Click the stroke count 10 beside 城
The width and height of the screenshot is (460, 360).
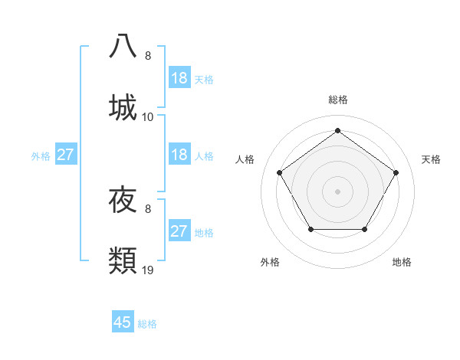pyautogui.click(x=148, y=117)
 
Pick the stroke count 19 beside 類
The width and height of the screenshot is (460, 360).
pyautogui.click(x=148, y=270)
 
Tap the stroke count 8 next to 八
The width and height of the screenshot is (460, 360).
pyautogui.click(x=148, y=56)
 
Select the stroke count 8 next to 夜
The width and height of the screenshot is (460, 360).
pyautogui.click(x=148, y=208)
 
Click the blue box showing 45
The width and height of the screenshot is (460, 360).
pyautogui.click(x=123, y=322)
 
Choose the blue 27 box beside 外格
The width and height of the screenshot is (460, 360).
pyautogui.click(x=65, y=155)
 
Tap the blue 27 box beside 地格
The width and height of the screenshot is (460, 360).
pyautogui.click(x=179, y=231)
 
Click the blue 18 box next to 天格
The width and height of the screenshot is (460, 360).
pyautogui.click(x=179, y=78)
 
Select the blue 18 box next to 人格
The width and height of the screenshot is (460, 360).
pyautogui.click(x=179, y=155)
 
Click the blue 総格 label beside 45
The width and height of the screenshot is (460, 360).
pyautogui.click(x=147, y=324)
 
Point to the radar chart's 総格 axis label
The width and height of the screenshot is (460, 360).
pyautogui.click(x=337, y=100)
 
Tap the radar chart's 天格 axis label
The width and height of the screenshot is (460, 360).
pyautogui.click(x=431, y=159)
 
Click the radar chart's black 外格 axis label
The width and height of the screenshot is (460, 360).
pyautogui.click(x=270, y=262)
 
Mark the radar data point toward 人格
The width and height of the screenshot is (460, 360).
pyautogui.click(x=280, y=172)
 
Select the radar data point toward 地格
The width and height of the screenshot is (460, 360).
pyautogui.click(x=364, y=229)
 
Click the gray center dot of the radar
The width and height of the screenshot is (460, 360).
pyautogui.click(x=337, y=191)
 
